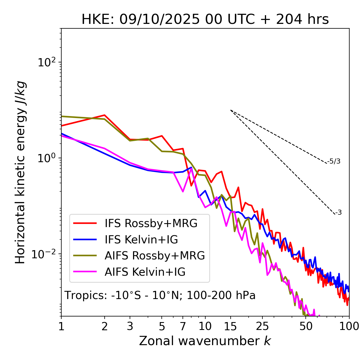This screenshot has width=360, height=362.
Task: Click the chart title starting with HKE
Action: pos(205,19)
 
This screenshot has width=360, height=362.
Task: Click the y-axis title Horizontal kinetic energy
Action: pos(21,172)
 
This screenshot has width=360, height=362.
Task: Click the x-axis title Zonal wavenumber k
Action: pos(205,341)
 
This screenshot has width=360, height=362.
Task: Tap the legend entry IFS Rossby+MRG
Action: pos(151,223)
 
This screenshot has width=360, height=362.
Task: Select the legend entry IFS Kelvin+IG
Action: pos(141,239)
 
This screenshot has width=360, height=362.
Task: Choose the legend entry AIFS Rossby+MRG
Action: pos(155,255)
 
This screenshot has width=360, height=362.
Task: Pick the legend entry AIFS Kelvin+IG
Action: pos(145,272)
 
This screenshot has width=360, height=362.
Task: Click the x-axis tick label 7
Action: pos(183,326)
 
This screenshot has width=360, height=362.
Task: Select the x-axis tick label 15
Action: pos(230,326)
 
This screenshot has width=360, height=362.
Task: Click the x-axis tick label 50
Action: pos(306,326)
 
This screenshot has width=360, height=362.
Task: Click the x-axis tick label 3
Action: pos(130,326)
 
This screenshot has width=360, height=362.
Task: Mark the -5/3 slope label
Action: pos(334,161)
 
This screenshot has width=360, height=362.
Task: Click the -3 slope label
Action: pos(338,212)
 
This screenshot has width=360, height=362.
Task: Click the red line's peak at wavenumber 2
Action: pos(105,115)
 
